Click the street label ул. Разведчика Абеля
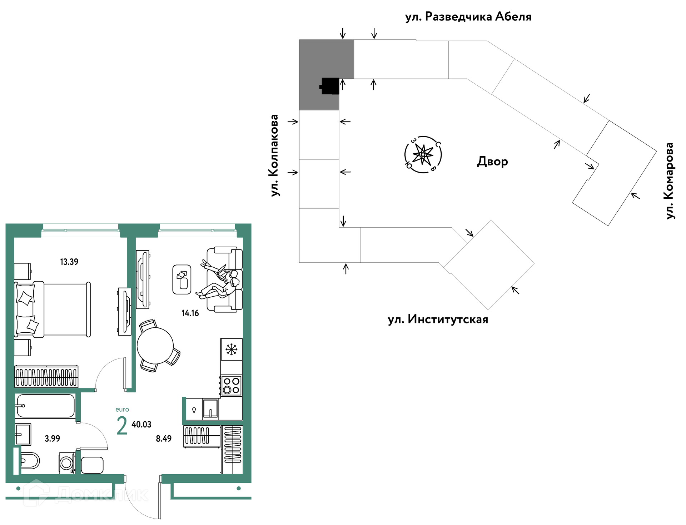pos(468,17)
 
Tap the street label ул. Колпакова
pos(274,155)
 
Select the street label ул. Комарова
pos(669,180)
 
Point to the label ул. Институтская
pos(438,319)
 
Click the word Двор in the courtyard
pos(492,162)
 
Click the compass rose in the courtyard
pos(423,155)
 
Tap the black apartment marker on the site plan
pos(330,86)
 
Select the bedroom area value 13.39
pos(69,262)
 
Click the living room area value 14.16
pos(190,313)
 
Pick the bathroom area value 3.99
pos(52,439)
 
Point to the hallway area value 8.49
pos(164,439)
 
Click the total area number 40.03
pos(141,425)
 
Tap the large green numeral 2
pos(122,426)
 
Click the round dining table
pos(155,346)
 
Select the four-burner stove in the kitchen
pos(231,385)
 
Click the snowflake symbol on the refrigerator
pos(232,349)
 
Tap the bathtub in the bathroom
pos(45,406)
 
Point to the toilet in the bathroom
pos(29,461)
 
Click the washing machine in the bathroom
pos(67,463)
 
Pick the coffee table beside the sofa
pos(182,279)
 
